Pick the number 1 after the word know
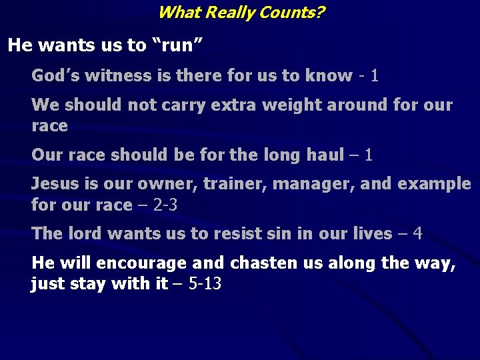[x=375, y=75]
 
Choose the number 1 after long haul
[x=369, y=155]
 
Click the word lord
[x=85, y=233]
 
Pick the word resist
[x=237, y=233]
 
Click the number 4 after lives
[x=417, y=233]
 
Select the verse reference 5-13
[x=205, y=284]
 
